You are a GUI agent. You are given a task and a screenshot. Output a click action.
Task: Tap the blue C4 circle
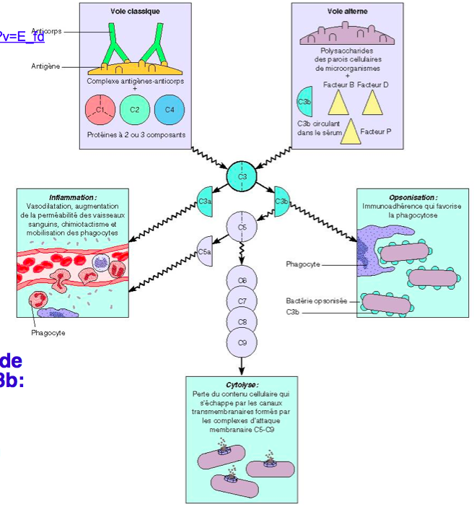click(170, 110)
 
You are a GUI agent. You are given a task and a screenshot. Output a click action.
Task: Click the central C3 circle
click(242, 175)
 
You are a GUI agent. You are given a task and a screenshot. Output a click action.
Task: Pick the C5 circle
click(242, 227)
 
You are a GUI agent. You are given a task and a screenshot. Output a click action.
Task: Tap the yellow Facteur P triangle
click(351, 131)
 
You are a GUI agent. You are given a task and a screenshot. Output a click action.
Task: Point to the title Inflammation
click(73, 197)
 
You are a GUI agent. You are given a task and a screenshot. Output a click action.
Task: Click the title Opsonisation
click(412, 196)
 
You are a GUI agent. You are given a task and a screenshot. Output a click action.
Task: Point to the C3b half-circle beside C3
click(281, 201)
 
